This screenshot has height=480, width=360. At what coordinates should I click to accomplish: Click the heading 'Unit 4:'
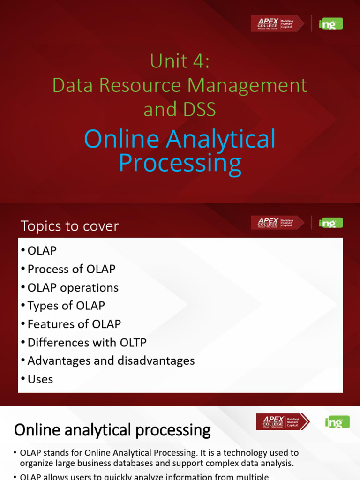tap(180, 61)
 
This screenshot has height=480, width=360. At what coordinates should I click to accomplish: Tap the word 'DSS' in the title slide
tap(199, 110)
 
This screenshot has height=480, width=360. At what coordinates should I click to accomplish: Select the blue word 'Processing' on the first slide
tap(180, 163)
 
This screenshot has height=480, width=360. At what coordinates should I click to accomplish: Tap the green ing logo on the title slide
tap(330, 23)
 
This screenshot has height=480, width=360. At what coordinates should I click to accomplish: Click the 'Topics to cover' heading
tap(70, 226)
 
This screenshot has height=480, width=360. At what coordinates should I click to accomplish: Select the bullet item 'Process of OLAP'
tap(71, 269)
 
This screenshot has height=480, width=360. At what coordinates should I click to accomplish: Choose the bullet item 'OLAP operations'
tap(73, 287)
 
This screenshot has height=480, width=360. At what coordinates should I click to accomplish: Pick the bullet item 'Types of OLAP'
tap(66, 306)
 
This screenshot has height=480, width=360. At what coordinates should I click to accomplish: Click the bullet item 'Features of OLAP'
tap(74, 324)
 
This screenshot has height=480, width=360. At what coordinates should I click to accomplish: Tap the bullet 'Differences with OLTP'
tap(87, 342)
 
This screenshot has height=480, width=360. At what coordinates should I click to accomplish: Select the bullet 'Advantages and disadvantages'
tap(111, 360)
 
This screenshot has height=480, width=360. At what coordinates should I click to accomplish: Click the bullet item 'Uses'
tap(40, 379)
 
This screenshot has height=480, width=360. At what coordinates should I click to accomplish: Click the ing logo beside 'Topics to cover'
tap(330, 223)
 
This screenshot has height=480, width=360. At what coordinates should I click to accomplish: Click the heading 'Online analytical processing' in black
tap(112, 429)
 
